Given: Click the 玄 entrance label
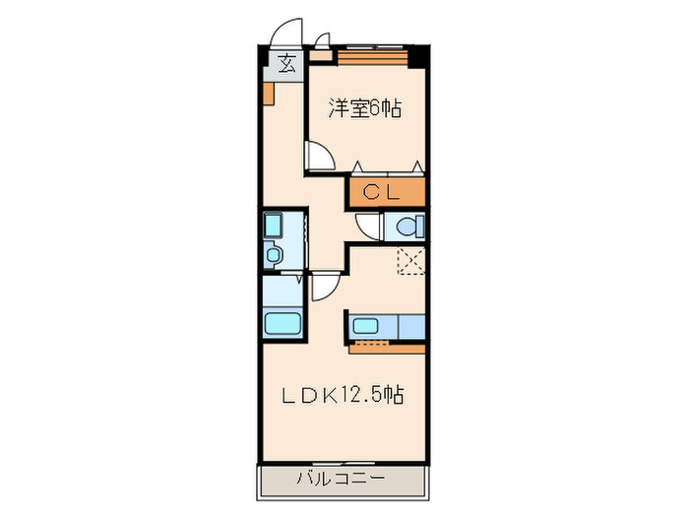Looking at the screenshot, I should click(286, 65).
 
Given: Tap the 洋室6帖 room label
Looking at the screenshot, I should click(364, 108).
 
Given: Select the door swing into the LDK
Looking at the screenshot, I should click(324, 287).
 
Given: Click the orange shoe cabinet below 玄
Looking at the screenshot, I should click(268, 94).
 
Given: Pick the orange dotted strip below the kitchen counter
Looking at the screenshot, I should click(387, 346).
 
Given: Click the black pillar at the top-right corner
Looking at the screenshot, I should click(418, 56).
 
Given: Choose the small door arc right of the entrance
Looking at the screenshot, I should click(322, 43).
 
